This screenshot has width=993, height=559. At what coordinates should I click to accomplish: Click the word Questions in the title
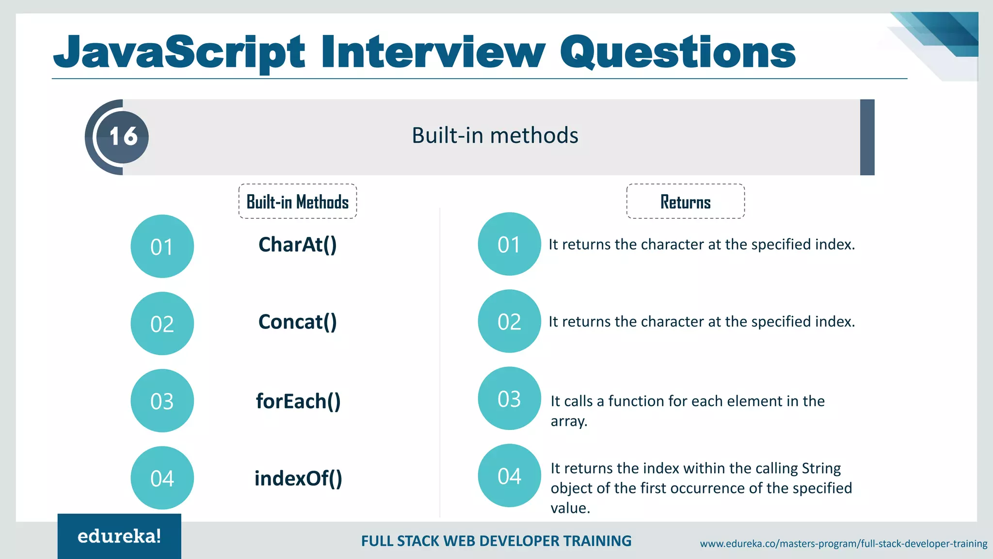[677, 52]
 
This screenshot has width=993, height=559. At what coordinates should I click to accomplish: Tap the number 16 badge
[123, 137]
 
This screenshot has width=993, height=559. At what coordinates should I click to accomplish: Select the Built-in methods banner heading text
[495, 135]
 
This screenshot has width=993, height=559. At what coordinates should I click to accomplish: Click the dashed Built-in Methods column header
[298, 201]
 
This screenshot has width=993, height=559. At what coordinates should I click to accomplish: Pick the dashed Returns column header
[685, 201]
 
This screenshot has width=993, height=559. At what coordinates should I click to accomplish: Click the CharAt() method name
[297, 245]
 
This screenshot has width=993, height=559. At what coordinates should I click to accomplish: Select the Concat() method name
[297, 322]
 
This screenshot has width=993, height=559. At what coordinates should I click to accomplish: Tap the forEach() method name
[298, 401]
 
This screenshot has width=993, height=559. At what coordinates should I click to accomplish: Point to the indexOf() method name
[298, 478]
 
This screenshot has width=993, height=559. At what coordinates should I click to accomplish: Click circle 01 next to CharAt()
[162, 247]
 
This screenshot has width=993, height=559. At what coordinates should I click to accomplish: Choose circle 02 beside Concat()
[162, 324]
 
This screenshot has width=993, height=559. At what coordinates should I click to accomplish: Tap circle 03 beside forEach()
[162, 401]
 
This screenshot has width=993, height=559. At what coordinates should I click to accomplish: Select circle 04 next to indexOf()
[162, 478]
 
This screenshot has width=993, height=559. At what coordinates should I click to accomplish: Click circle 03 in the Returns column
[509, 398]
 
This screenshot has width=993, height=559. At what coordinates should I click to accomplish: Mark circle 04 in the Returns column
[509, 476]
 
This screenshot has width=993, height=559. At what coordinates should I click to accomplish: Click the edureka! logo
[119, 536]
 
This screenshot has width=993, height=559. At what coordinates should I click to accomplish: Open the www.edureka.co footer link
[843, 543]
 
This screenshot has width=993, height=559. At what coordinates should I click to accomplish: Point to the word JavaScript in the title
[179, 52]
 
